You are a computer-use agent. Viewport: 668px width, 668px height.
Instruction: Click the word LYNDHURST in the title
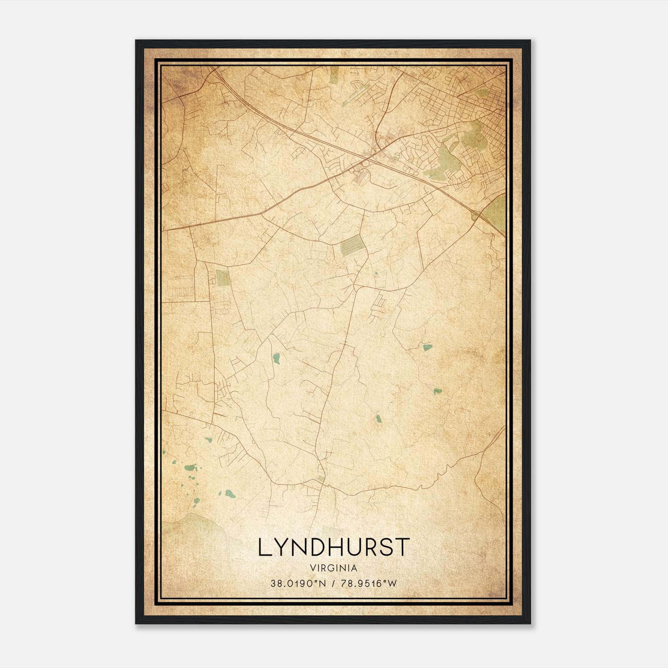(x=333, y=547)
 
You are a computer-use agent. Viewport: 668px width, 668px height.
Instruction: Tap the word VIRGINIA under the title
(x=333, y=568)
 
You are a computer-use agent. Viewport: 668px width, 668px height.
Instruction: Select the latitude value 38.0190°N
(x=297, y=584)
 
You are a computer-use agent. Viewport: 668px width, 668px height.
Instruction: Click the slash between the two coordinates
(x=332, y=584)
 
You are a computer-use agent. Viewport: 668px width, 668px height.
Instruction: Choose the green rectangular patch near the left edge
(x=221, y=277)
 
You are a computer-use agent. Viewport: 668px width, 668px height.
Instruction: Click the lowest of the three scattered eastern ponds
(x=378, y=418)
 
